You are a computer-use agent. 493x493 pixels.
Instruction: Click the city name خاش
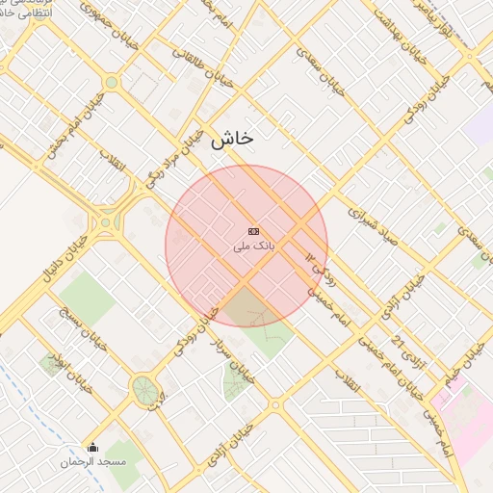click(231, 139)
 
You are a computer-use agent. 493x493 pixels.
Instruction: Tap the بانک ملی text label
click(254, 246)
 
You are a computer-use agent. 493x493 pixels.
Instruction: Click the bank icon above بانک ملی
click(254, 231)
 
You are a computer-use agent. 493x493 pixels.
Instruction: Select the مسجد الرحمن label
click(92, 463)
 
